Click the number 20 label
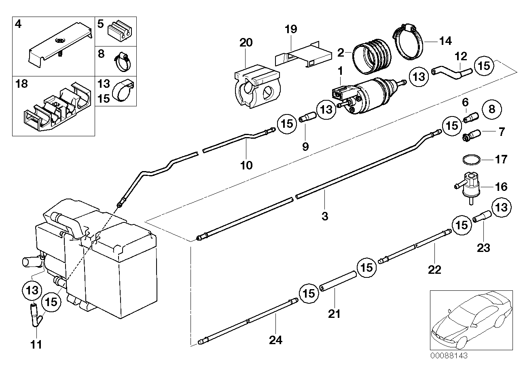[246, 42]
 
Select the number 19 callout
[290, 29]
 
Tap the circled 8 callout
[491, 109]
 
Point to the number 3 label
[324, 216]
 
